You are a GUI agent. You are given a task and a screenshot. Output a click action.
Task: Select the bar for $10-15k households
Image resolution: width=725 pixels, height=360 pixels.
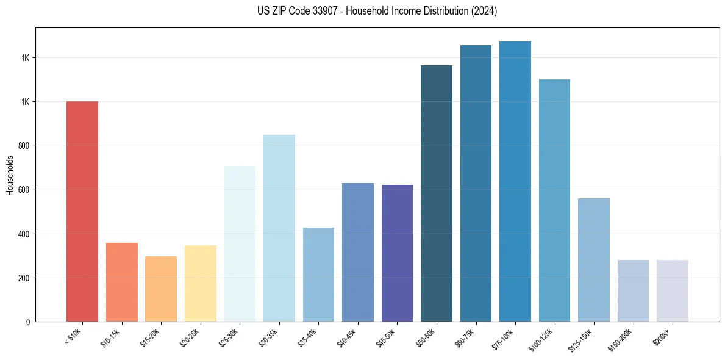pyautogui.click(x=121, y=282)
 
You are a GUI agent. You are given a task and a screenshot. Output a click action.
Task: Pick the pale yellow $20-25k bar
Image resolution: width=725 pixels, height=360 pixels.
pyautogui.click(x=200, y=283)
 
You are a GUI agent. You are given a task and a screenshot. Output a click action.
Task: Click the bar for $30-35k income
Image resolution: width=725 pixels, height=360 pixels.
pyautogui.click(x=279, y=228)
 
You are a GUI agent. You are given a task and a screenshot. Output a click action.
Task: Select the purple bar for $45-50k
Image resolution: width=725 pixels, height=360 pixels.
pyautogui.click(x=397, y=253)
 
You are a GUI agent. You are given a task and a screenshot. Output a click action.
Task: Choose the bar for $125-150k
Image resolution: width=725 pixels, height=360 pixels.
pyautogui.click(x=594, y=260)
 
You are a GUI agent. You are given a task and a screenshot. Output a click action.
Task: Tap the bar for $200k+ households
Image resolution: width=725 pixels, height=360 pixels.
pyautogui.click(x=673, y=290)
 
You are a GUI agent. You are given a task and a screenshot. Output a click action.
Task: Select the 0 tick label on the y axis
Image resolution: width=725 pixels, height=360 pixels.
pyautogui.click(x=28, y=322)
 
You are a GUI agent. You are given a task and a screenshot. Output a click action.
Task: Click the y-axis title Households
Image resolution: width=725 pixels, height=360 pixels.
pyautogui.click(x=10, y=175)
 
